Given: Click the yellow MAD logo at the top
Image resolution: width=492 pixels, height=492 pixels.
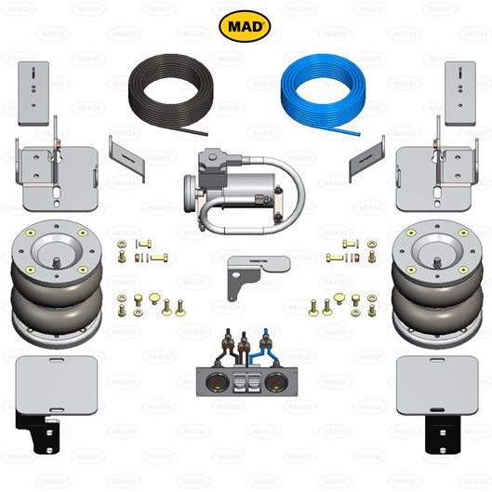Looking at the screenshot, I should point(245,25).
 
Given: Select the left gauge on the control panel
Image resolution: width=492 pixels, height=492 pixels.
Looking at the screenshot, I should point(214,385).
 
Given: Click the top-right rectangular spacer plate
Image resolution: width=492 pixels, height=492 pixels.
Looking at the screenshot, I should point(459,93).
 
